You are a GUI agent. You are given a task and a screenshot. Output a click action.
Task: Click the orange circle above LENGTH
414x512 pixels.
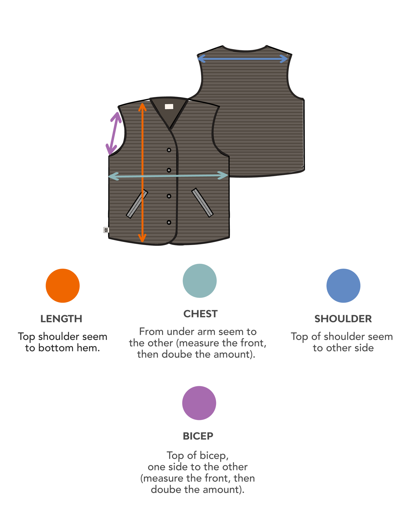(x=63, y=286)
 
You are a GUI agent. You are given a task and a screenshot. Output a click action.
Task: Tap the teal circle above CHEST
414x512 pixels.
(x=200, y=281)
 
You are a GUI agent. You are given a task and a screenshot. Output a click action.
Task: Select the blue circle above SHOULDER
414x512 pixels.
(x=343, y=286)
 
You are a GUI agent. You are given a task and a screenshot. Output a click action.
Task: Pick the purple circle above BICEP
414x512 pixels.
(x=199, y=403)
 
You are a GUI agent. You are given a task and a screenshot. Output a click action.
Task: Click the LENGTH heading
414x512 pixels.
(x=61, y=319)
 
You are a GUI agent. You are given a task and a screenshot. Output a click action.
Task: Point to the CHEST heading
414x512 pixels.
(x=200, y=314)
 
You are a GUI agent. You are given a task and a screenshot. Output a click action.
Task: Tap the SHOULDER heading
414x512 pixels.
(x=343, y=319)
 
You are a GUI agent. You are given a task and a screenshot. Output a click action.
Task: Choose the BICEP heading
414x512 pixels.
(x=198, y=436)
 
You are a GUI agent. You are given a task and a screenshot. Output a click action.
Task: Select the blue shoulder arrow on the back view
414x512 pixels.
(x=242, y=59)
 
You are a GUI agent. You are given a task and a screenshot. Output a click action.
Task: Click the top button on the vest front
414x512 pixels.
(x=169, y=150)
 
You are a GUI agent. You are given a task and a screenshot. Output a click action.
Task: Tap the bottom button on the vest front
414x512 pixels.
(x=169, y=223)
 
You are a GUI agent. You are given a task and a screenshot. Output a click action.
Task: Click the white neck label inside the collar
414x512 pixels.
(x=169, y=107)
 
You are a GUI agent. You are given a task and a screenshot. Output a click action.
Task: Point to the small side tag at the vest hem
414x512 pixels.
(x=106, y=230)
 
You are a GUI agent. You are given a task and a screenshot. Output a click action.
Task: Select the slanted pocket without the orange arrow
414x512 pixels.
(x=202, y=203)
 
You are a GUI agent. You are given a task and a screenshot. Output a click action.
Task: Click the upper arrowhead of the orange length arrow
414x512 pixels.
(x=142, y=107)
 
